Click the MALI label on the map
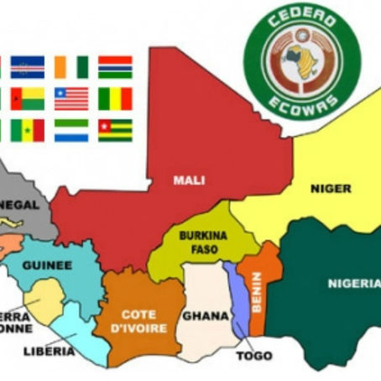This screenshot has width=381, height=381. tap(189, 180)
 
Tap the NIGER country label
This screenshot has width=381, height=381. tap(331, 188)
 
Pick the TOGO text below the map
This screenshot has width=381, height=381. tap(253, 355)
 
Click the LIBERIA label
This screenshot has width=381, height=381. tap(47, 351)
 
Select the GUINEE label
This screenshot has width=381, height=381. tap(47, 264)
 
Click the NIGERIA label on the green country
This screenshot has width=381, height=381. tap(354, 283)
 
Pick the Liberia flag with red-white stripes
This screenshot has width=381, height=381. tap(71, 98)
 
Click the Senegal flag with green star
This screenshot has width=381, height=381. tap(29, 130)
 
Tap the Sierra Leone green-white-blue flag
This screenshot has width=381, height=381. tap(71, 130)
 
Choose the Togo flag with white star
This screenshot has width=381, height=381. tap(115, 130)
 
